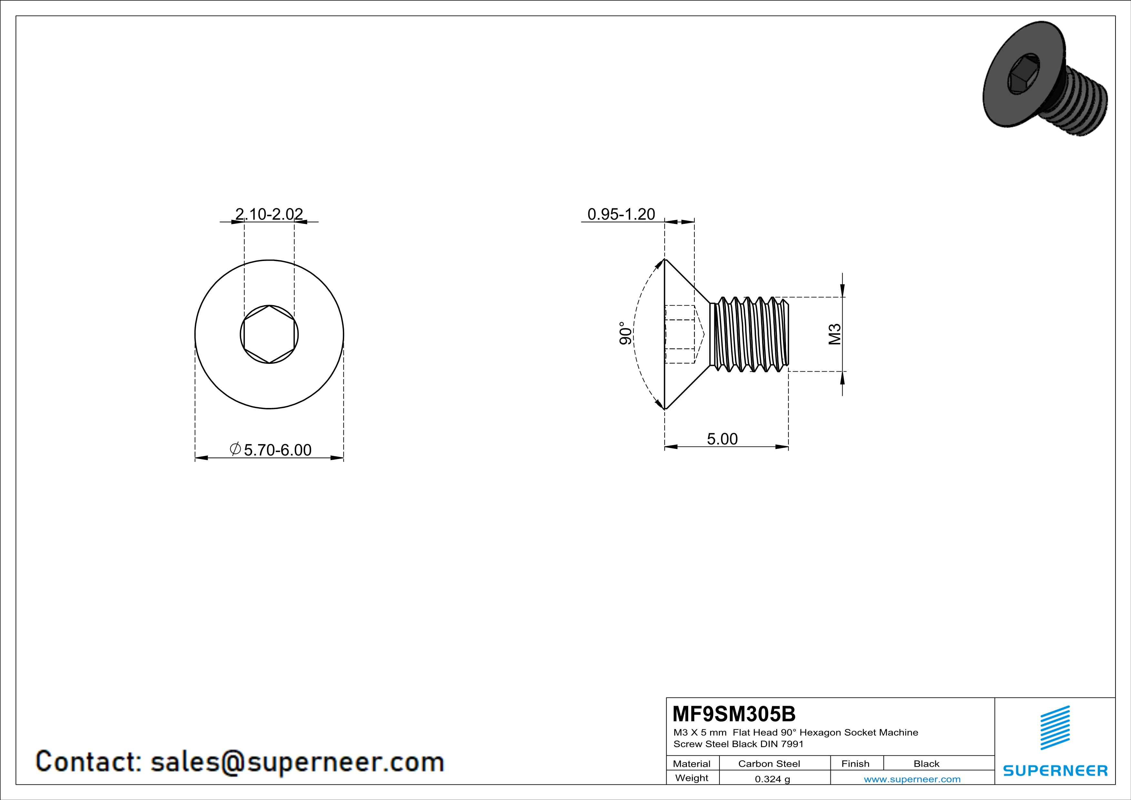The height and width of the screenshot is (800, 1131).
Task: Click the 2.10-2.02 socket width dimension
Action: (x=269, y=214)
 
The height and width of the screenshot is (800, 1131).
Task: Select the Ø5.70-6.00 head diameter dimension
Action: (x=271, y=450)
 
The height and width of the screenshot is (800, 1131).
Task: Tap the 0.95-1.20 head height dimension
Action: (x=621, y=214)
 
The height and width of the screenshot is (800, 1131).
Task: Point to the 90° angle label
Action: (x=625, y=334)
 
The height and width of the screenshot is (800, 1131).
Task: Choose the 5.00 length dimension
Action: (x=722, y=439)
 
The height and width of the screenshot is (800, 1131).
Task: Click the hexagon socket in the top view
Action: (x=269, y=335)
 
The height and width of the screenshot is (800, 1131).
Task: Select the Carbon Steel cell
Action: (x=769, y=764)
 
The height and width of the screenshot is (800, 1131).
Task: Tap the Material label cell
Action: (x=692, y=764)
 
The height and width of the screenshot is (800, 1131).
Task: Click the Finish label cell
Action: (x=855, y=764)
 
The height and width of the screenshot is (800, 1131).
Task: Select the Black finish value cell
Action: (x=926, y=764)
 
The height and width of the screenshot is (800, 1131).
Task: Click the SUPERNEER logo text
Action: (x=1055, y=770)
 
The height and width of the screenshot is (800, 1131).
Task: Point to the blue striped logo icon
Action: (x=1055, y=728)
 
